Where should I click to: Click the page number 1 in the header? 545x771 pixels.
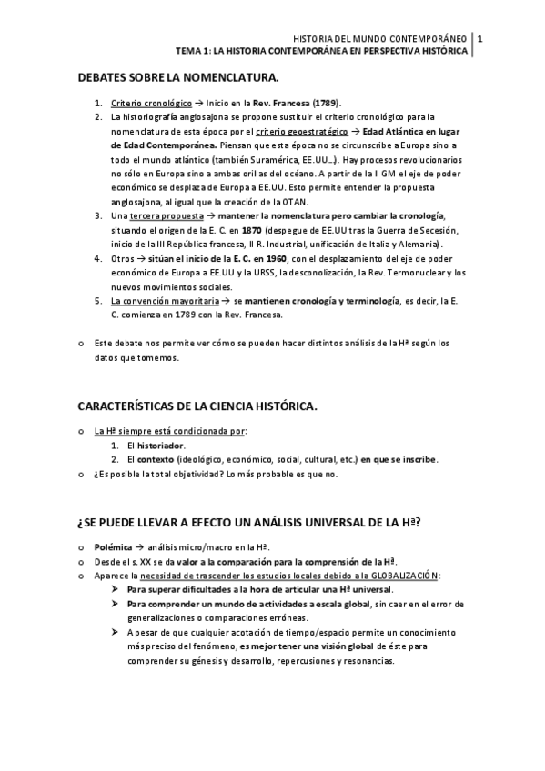point(479,39)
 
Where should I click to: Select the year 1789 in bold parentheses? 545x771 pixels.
point(326,104)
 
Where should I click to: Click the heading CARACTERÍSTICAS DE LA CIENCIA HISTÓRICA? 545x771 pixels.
point(197,406)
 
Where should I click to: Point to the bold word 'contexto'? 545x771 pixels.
point(156,460)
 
